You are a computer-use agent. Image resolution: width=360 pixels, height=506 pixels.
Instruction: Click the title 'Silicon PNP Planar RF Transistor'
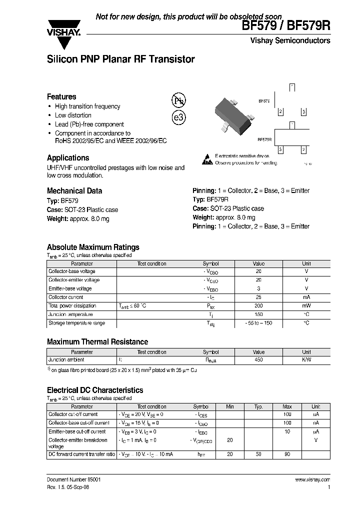[120, 59]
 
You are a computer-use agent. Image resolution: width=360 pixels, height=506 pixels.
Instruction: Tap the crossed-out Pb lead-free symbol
[178, 100]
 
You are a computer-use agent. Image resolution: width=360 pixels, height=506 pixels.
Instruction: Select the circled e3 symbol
[178, 117]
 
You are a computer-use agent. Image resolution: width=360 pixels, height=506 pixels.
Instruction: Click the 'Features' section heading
[61, 96]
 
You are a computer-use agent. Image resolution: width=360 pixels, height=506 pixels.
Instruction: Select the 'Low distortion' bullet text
[73, 115]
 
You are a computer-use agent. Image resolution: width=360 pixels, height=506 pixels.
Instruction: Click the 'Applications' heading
[68, 158]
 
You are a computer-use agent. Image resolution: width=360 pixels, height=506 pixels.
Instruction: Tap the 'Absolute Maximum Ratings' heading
[93, 247]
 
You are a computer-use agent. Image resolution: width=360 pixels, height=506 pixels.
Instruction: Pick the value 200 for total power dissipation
[258, 306]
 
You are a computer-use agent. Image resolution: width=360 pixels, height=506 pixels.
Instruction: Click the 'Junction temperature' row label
[70, 314]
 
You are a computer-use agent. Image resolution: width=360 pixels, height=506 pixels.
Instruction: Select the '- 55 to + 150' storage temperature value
[258, 323]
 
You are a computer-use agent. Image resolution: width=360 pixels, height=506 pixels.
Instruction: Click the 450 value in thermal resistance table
[258, 360]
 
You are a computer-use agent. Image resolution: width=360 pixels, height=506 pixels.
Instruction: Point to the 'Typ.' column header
[258, 406]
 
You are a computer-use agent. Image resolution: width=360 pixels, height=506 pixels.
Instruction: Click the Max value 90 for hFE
[287, 454]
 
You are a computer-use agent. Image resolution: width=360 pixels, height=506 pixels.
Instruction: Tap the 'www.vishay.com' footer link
[312, 479]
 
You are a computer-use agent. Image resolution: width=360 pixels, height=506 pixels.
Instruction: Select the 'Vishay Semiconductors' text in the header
[290, 40]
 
